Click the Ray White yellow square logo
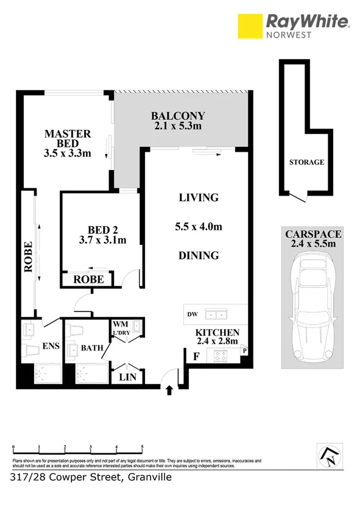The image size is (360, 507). (x=250, y=26)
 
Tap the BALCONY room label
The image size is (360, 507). (x=178, y=116)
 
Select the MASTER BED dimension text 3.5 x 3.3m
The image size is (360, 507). (x=68, y=153)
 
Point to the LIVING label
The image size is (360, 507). (x=198, y=197)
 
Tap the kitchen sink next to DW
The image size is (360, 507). (x=215, y=314)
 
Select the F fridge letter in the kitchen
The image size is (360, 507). (x=196, y=356)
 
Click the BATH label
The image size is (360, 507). (x=91, y=348)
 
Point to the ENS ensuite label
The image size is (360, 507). (x=51, y=346)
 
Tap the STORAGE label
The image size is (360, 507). (x=306, y=162)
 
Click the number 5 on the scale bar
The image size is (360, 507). (x=142, y=447)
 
